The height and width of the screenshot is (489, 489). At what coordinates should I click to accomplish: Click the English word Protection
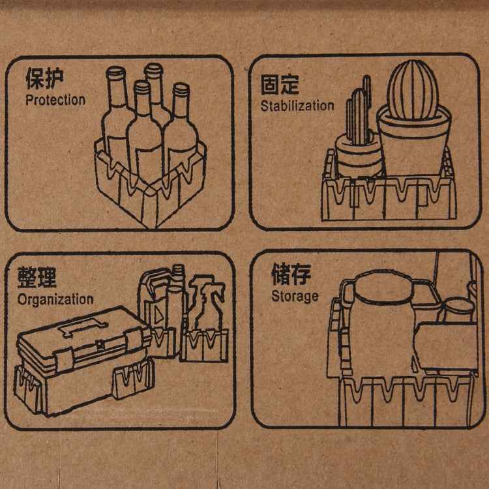(x=55, y=100)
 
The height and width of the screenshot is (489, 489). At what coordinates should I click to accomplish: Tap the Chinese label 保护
(x=45, y=78)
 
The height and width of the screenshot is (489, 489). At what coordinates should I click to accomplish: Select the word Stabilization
(x=297, y=106)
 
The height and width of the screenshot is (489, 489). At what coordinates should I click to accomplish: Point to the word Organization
(x=55, y=300)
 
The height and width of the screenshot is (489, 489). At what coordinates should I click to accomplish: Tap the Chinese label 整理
(x=37, y=277)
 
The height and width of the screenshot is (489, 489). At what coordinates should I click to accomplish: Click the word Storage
(x=295, y=296)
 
